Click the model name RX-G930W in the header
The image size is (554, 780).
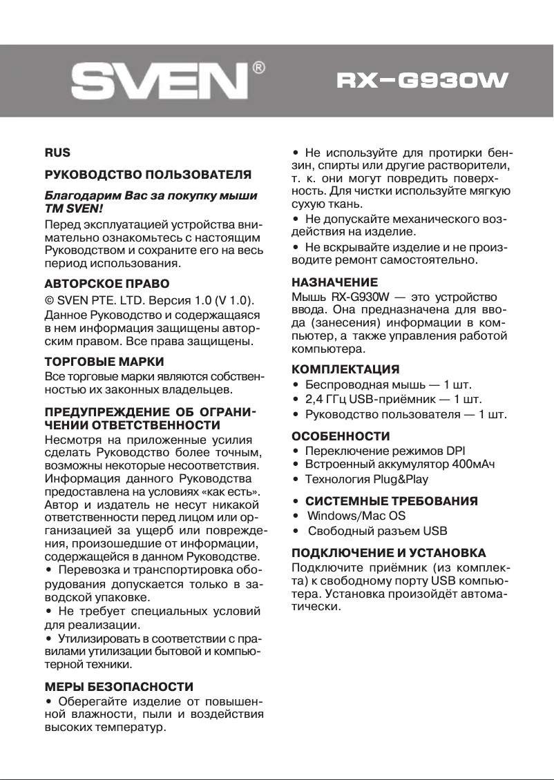point(421,82)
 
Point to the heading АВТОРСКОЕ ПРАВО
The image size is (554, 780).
point(107,284)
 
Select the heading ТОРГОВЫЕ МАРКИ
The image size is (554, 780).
point(104,362)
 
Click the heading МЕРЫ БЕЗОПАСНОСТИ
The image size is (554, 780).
point(119,687)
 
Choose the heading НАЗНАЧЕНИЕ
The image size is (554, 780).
point(335,282)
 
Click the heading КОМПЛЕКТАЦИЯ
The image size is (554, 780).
point(345,369)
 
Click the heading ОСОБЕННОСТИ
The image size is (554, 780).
point(341,436)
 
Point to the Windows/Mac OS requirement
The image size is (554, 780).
point(356,516)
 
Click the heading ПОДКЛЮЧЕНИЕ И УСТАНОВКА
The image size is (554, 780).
point(389,553)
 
